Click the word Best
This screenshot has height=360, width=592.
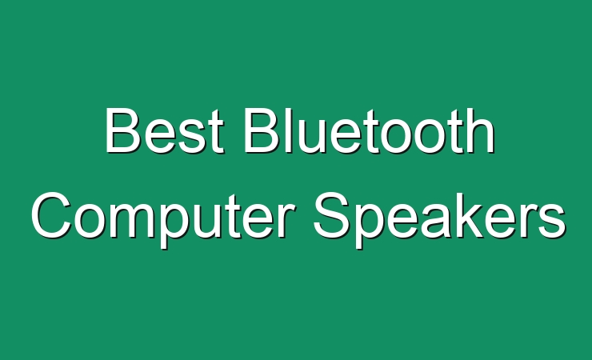coord(165,130)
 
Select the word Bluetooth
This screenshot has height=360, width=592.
coord(370,130)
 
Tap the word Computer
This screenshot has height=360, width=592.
coord(163,220)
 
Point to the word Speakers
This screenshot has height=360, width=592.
coord(439,220)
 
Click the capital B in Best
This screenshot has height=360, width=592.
coord(121,130)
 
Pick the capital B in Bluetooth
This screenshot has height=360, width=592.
coord(261,130)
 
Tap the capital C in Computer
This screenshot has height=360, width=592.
coord(51,214)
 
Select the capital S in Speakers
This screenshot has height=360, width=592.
coord(331,214)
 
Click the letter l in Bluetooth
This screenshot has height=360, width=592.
coord(288,130)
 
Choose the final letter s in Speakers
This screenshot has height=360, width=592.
coord(552,221)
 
